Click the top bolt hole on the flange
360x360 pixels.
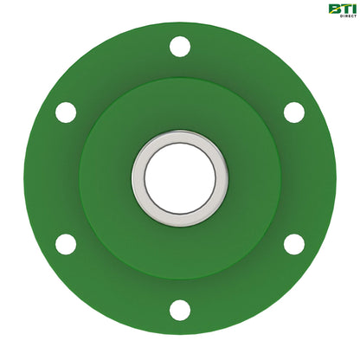[x=180, y=47]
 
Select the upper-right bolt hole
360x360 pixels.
[x=294, y=112]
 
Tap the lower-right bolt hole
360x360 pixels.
[x=294, y=244]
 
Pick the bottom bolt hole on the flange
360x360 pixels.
[x=180, y=309]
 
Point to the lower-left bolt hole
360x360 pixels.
[x=66, y=244]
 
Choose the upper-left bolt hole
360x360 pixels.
[x=66, y=112]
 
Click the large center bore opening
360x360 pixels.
[x=180, y=178]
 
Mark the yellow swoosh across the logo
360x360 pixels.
[x=339, y=11]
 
